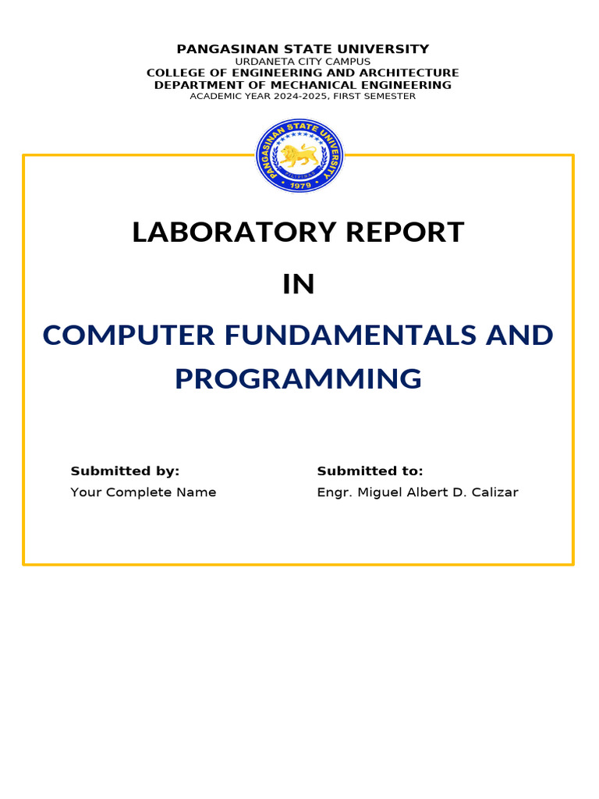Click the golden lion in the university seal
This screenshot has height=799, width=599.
299,156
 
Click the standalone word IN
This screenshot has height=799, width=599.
299,285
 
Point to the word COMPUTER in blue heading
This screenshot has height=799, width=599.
129,335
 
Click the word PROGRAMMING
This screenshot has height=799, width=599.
298,378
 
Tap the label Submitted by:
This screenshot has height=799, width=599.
125,471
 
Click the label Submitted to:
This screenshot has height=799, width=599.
370,471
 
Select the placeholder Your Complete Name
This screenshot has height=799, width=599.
144,492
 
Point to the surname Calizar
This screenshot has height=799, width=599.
495,492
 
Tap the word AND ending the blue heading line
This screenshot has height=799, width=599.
519,335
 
